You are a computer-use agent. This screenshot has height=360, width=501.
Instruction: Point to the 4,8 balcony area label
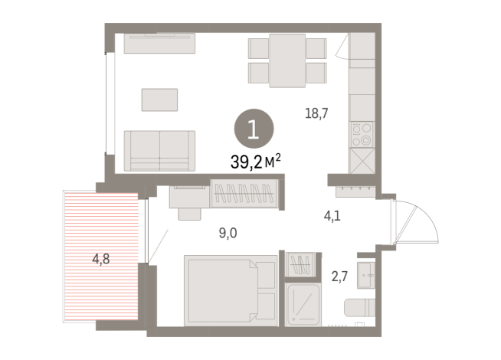pos(102,258)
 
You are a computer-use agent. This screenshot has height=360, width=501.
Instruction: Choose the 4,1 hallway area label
pos(332,216)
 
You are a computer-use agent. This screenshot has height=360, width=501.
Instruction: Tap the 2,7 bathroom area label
pos(339,274)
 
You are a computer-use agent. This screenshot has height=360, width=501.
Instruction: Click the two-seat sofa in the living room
pos(159,149)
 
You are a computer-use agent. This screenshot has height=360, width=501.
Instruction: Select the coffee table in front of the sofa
pos(160,99)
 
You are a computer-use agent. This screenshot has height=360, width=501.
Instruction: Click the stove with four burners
pos(362,135)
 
